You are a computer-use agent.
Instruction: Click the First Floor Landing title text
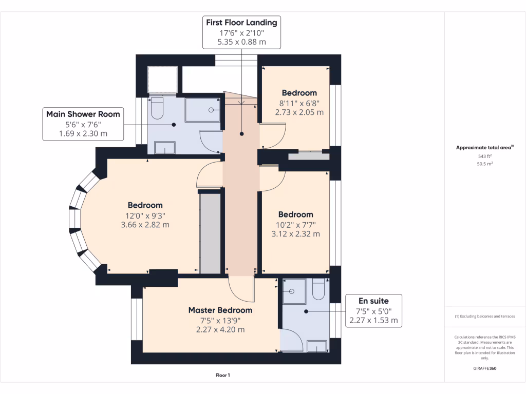[x=241, y=22]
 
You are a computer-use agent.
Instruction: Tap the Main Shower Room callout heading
[x=83, y=114]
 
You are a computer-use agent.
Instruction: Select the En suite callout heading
[x=373, y=301]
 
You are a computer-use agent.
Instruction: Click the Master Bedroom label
[x=220, y=310]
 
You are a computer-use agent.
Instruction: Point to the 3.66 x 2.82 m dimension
[x=145, y=225]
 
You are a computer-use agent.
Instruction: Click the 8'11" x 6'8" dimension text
[x=299, y=103]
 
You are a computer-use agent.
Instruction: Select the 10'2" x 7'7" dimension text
[x=295, y=224]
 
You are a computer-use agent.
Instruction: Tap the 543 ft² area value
[x=485, y=156]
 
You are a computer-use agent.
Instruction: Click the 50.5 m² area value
[x=485, y=164]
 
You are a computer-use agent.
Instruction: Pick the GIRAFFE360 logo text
[x=485, y=368]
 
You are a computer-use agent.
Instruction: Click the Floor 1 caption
[x=222, y=376]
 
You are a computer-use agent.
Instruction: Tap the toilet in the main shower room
[x=157, y=108]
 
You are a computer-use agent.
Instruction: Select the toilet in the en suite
[x=318, y=290]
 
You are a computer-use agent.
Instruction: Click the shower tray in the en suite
[x=294, y=290]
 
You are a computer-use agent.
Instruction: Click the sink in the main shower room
[x=164, y=148]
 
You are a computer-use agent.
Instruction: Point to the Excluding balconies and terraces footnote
[x=485, y=317]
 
